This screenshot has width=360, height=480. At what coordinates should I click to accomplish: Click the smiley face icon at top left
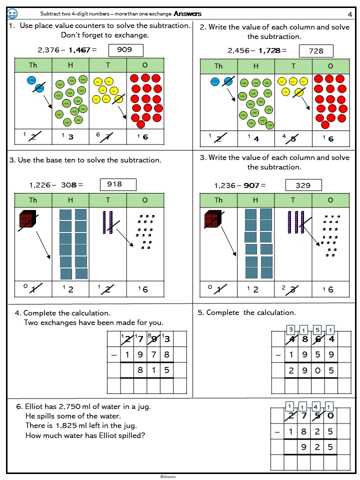pyautogui.click(x=13, y=13)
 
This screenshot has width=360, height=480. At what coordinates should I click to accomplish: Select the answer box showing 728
pyautogui.click(x=316, y=51)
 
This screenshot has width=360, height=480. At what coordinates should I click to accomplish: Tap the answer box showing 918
pyautogui.click(x=114, y=184)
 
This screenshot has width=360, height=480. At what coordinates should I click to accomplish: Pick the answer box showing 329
pyautogui.click(x=303, y=185)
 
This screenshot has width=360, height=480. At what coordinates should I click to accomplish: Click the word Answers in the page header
pyautogui.click(x=187, y=14)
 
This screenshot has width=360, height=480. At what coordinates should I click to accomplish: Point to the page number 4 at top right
pyautogui.click(x=349, y=14)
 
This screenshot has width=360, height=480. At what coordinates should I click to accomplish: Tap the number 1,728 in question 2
pyautogui.click(x=269, y=50)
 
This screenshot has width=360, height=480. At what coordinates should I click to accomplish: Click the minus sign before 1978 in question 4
pyautogui.click(x=114, y=354)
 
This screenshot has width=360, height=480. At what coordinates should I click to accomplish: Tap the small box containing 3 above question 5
pyautogui.click(x=290, y=329)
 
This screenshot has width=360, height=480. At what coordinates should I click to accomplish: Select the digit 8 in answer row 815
pyautogui.click(x=140, y=370)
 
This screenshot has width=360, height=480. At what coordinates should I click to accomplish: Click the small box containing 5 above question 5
pyautogui.click(x=317, y=329)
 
